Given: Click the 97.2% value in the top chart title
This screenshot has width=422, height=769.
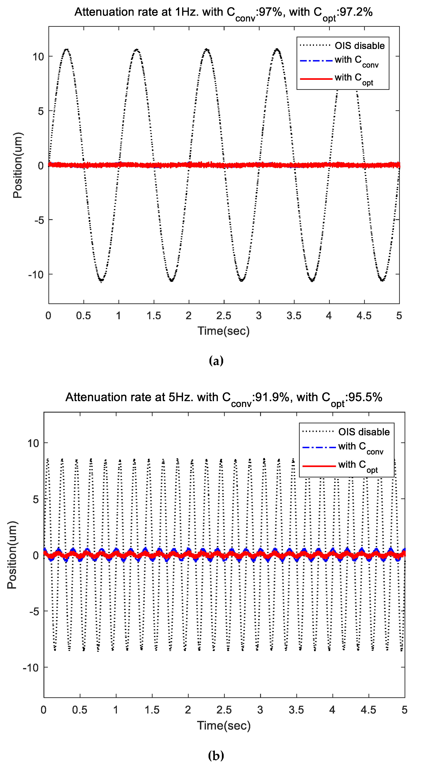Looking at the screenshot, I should [356, 12].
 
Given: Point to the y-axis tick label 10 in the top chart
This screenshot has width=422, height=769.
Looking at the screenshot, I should [38, 57].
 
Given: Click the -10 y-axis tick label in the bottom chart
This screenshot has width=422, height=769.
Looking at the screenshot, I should [31, 667].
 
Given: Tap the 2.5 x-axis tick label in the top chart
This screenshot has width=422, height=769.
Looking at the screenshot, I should [224, 316].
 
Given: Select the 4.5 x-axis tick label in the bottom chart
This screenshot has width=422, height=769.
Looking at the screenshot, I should [368, 710].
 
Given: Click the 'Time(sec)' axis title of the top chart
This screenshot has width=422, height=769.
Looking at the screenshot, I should [224, 331].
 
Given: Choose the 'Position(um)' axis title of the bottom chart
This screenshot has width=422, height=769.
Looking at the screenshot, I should [12, 555].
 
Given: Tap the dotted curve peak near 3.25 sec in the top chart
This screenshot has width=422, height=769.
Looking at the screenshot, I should [277, 49].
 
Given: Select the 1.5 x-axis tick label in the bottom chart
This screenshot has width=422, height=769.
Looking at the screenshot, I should [152, 710].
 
